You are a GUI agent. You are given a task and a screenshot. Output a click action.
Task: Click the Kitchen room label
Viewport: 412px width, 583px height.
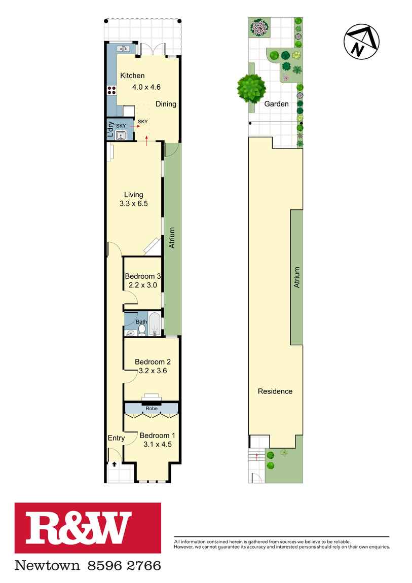point(132,76)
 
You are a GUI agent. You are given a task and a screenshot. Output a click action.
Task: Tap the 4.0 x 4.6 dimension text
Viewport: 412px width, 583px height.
point(146,87)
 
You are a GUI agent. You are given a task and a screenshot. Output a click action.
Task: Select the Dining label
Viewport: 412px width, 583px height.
point(166,104)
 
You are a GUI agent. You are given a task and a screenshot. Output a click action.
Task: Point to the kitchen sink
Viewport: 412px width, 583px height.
point(123,48)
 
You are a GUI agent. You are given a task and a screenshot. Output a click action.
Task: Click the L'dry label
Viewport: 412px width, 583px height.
point(110,130)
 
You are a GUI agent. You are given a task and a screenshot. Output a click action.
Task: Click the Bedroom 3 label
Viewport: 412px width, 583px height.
point(143,276)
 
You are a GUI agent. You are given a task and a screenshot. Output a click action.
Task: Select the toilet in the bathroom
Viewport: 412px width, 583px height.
point(141,330)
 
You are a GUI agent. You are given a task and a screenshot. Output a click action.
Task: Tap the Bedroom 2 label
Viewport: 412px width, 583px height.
point(153,362)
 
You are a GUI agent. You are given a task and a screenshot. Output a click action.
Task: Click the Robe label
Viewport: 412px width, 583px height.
point(152,408)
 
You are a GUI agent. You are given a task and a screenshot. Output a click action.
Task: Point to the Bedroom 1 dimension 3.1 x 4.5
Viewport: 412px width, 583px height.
point(158,444)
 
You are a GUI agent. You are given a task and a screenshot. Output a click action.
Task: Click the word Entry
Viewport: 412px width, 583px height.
point(116,438)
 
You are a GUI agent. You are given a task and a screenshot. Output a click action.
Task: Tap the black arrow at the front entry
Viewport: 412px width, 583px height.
point(115,464)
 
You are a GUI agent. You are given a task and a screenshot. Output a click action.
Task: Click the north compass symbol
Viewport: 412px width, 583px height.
point(361,41)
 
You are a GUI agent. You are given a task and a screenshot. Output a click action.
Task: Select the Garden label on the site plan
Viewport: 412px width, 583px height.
point(276,104)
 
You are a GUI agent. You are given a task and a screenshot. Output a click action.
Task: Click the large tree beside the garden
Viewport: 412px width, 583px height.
point(251,89)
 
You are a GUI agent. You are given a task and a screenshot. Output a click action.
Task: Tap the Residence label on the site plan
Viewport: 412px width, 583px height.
point(275,391)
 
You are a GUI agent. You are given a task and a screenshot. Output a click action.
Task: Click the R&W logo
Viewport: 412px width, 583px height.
point(88,528)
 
